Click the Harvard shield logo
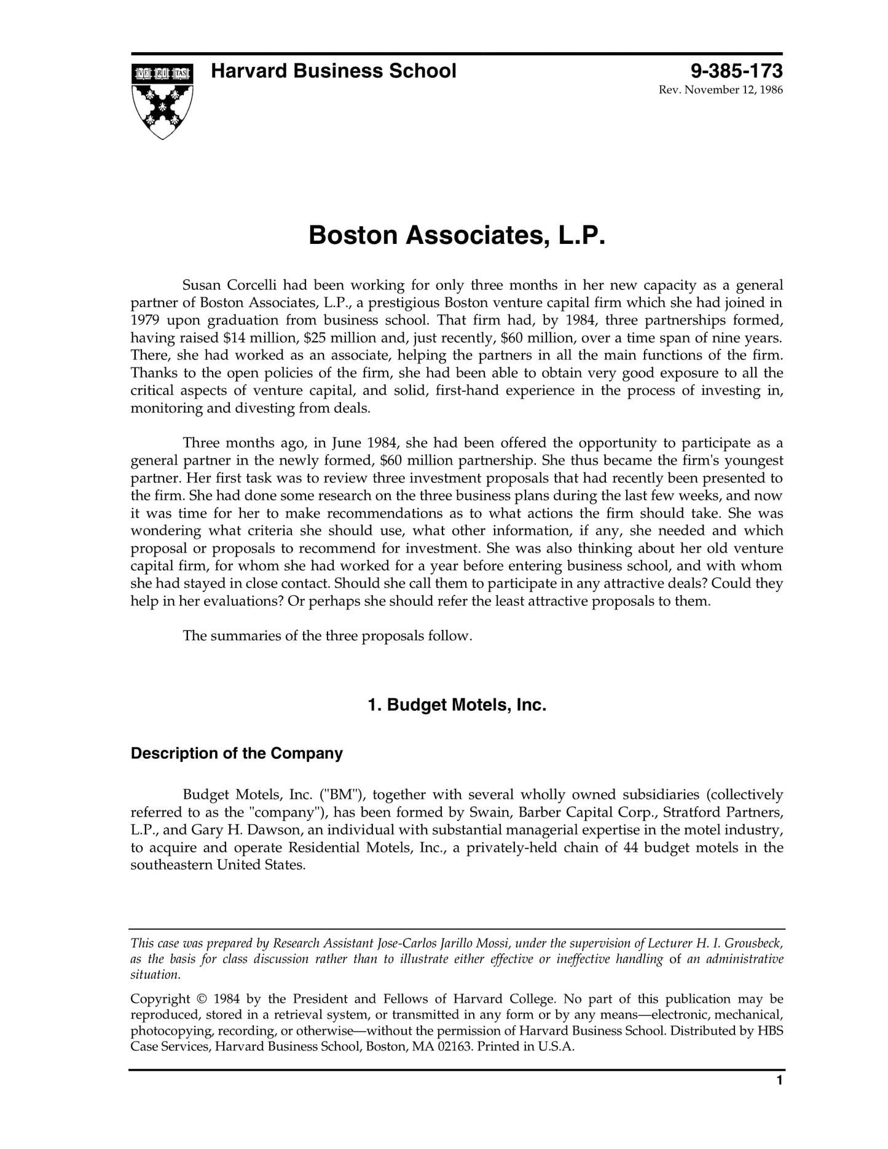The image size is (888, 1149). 162,100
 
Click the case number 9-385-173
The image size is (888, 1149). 736,71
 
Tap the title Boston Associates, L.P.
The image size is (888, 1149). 457,235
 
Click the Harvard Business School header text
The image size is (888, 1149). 333,71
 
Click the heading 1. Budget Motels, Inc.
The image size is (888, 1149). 457,705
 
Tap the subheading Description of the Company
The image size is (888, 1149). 237,753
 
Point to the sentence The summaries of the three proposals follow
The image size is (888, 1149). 327,636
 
